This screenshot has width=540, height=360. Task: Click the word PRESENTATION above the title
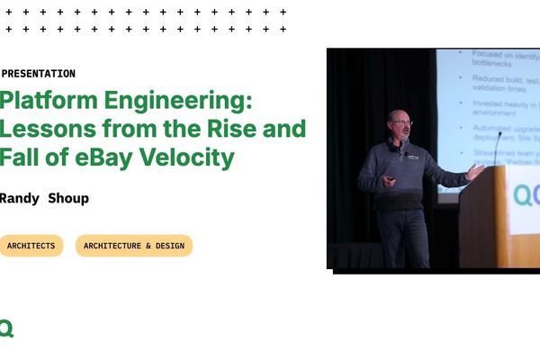tap(39, 74)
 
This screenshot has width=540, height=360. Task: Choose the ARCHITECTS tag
tap(31, 246)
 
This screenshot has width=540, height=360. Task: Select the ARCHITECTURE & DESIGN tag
tap(134, 246)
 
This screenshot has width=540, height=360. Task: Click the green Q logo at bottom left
tap(6, 328)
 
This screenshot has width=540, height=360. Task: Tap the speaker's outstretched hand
tap(475, 171)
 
